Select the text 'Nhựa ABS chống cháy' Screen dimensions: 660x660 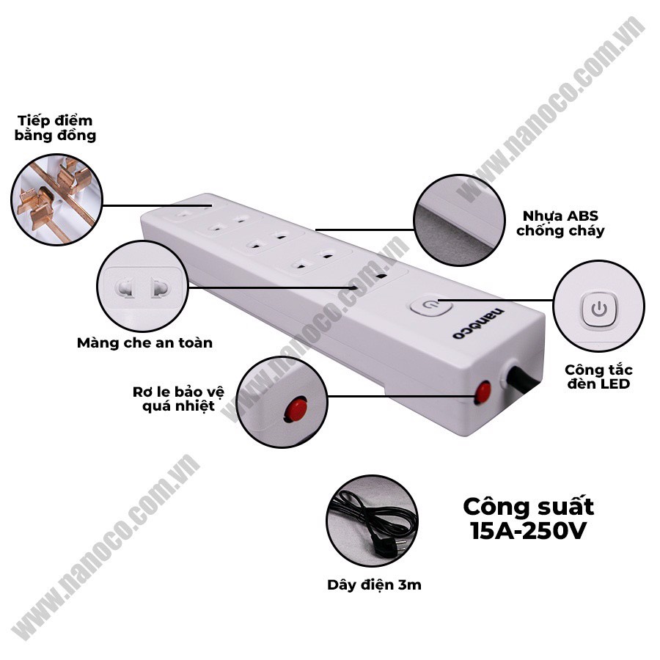click(560, 223)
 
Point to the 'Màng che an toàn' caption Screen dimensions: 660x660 click(144, 342)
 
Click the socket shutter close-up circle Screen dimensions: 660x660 click(142, 285)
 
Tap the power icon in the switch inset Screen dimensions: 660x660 click(599, 307)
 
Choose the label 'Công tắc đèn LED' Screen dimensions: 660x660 click(598, 376)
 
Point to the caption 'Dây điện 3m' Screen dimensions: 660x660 click(374, 584)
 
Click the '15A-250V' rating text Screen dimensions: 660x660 click(528, 530)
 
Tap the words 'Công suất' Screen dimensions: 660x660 click(528, 506)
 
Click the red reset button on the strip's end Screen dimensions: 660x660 click(483, 392)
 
